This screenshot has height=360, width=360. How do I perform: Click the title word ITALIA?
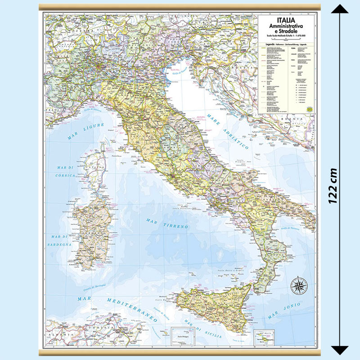[286, 20]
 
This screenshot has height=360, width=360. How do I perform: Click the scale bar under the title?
[286, 39]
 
